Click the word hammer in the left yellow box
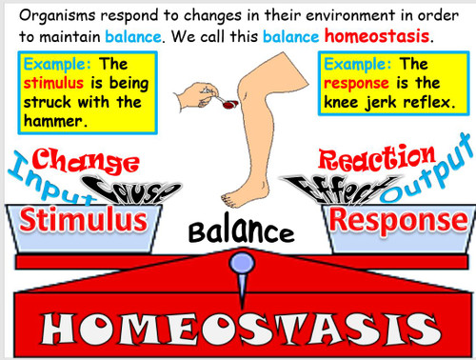coord(56,122)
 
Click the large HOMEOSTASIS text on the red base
coord(238,329)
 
